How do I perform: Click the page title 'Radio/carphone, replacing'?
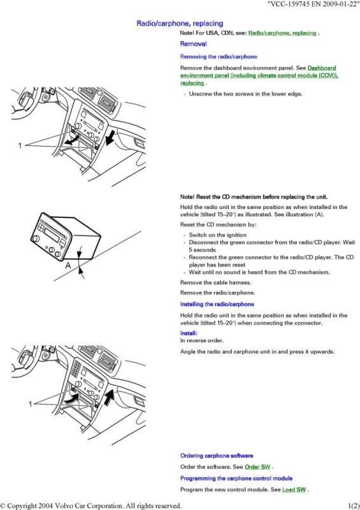(180, 24)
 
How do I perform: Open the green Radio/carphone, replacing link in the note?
(282, 33)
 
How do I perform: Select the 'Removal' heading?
(193, 44)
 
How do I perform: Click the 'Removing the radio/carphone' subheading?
(219, 57)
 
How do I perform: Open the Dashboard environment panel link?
(259, 75)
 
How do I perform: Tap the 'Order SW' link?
(257, 467)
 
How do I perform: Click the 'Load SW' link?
(294, 490)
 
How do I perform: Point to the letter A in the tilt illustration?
(68, 266)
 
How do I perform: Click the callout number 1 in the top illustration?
(20, 145)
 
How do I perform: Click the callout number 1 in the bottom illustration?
(30, 404)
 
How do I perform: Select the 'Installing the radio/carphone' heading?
(217, 305)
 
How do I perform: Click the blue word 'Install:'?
(189, 333)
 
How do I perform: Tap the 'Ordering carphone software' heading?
(217, 456)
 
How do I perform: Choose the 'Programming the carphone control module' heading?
(236, 479)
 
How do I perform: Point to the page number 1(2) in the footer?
(354, 506)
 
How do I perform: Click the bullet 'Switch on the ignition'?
(217, 235)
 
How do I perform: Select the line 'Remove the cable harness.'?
(215, 282)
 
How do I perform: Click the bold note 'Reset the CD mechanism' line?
(254, 197)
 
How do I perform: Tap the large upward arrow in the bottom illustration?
(111, 396)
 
